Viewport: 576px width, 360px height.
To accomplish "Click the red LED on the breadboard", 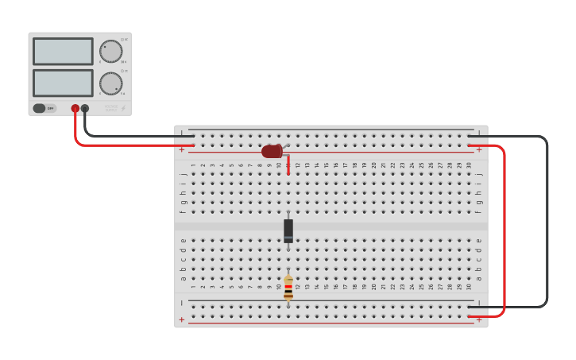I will coord(272,151).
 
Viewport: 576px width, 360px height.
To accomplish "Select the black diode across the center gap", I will coord(288,230).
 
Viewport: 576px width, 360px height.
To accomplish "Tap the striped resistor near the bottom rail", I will coord(288,288).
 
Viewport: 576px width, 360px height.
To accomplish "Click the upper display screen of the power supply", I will coord(63,52).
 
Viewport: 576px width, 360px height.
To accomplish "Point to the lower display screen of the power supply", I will coord(63,83).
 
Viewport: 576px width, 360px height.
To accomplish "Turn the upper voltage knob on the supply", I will coord(110,52).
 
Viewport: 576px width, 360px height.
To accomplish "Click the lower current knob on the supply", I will coord(110,83).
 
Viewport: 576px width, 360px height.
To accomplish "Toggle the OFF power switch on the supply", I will coord(44,108).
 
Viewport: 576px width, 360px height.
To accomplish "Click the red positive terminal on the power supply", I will coord(75,108).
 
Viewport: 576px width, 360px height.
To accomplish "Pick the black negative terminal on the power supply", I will coord(85,108).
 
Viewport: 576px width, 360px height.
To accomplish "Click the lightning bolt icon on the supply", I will coord(123,108).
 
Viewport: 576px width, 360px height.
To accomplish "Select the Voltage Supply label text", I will coord(110,108).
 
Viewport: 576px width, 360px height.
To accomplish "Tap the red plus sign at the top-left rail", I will coord(181,149).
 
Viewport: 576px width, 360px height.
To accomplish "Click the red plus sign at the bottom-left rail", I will coord(181,319).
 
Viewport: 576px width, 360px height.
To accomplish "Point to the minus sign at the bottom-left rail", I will coord(181,303).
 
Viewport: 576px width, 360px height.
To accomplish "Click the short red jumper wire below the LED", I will coord(288,165).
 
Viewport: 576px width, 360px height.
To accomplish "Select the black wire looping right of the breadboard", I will coord(547,223).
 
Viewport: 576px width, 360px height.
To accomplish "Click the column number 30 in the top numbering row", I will coord(469,165).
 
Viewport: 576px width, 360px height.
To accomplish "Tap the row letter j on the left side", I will coord(183,174).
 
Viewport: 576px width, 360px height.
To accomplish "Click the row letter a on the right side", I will coord(478,278).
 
